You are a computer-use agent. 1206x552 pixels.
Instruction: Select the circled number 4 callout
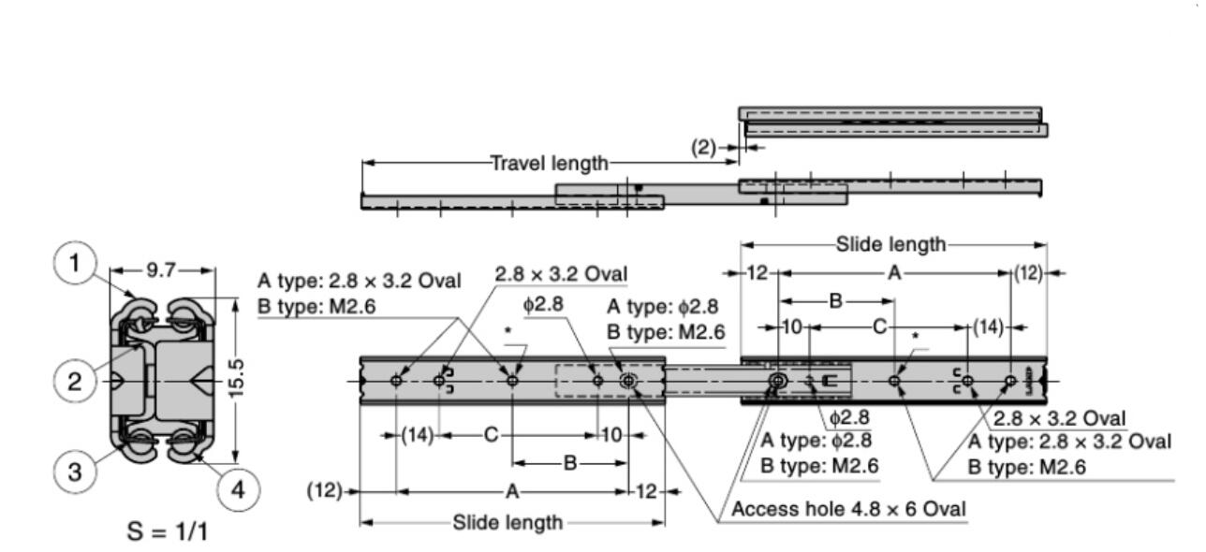tap(239, 490)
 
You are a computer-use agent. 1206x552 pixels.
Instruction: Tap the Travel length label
tap(550, 164)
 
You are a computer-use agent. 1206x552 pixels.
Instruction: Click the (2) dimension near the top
tap(703, 148)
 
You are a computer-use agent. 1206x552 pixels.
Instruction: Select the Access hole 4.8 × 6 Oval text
tap(848, 509)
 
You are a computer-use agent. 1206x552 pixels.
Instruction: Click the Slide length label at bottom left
tap(507, 522)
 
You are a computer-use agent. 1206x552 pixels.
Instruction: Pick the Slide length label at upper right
tap(890, 245)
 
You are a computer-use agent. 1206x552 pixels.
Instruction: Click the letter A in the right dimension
tap(893, 273)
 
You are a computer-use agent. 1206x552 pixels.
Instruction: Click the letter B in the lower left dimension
tap(569, 463)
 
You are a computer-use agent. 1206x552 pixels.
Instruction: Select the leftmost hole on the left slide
tap(397, 381)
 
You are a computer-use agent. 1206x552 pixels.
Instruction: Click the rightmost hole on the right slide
tap(1010, 381)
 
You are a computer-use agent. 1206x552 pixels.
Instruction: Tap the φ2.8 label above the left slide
tap(544, 305)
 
